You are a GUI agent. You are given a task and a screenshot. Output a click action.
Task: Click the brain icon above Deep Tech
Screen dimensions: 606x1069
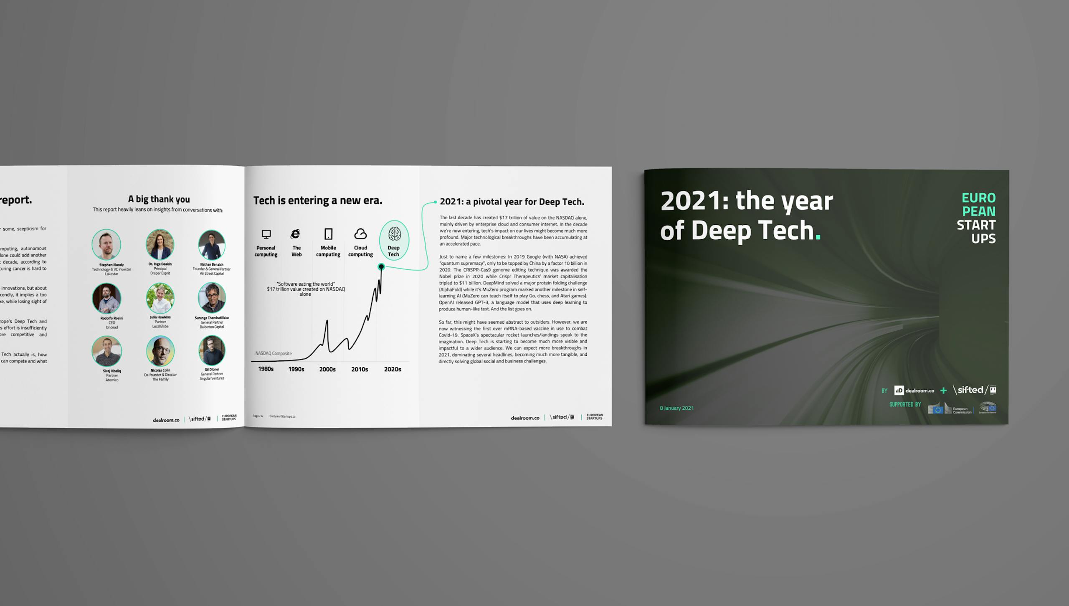point(394,233)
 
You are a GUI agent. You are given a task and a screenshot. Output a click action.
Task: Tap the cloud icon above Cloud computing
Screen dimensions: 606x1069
point(360,233)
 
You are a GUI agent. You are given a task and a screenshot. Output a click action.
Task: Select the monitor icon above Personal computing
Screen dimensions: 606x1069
point(266,234)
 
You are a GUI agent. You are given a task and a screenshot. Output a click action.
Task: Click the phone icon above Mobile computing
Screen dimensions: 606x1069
point(329,234)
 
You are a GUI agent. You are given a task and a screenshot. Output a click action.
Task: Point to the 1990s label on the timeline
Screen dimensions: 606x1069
point(296,369)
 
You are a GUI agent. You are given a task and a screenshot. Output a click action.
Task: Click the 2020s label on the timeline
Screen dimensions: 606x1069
point(393,369)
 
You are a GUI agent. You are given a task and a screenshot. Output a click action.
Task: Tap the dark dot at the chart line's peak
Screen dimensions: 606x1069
point(381,266)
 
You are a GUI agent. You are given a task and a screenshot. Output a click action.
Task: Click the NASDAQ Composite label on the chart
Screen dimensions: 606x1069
point(274,353)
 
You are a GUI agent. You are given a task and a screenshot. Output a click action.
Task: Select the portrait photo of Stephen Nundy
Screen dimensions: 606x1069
point(106,244)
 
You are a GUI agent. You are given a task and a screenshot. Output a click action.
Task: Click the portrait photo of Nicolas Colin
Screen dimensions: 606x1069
point(160,351)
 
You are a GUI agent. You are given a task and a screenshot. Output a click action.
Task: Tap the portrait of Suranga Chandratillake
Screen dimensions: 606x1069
point(212,298)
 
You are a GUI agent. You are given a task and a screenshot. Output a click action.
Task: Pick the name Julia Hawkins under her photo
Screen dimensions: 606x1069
point(160,317)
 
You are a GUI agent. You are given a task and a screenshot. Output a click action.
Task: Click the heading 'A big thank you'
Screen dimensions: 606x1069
point(159,199)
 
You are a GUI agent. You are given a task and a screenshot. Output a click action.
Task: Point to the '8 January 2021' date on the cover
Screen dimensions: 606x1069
point(676,408)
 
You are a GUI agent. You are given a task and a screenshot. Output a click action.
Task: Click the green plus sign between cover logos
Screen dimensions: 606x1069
point(943,390)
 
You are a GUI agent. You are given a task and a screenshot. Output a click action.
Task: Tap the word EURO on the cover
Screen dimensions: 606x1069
point(978,198)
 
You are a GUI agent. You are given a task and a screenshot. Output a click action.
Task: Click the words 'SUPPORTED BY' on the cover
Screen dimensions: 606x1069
point(905,404)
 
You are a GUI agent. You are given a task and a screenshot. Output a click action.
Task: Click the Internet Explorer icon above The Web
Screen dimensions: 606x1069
point(296,234)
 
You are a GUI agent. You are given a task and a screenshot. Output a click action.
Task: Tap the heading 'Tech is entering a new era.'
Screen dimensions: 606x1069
point(317,200)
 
